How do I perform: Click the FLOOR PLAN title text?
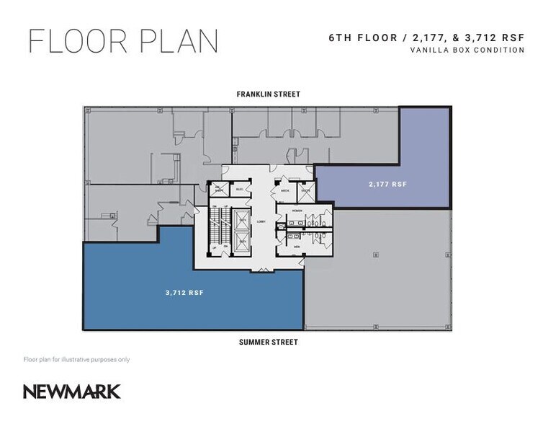[122, 41]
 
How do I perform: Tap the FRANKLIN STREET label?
[268, 94]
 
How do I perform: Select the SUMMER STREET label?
[268, 342]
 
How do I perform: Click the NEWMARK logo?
[71, 392]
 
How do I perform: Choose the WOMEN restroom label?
[297, 211]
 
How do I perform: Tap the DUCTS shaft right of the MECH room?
[305, 191]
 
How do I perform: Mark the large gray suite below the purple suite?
[378, 267]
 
